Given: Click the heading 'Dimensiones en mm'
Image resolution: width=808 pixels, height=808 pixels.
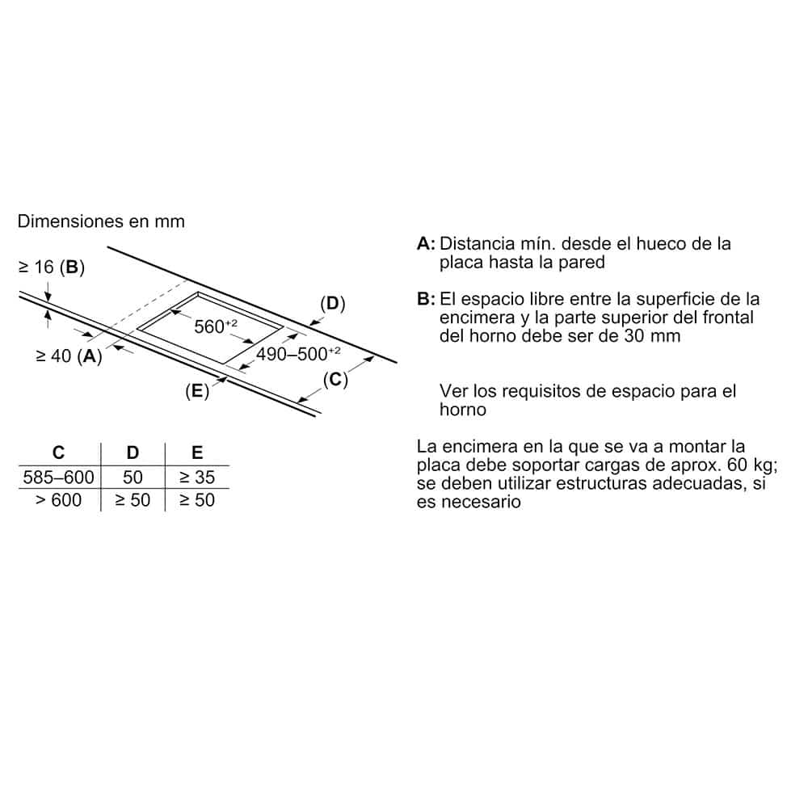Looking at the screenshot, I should click(101, 221).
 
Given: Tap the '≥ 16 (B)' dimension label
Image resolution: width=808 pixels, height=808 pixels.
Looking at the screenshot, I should click(51, 267).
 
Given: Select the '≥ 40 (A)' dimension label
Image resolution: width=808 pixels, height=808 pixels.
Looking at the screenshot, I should click(69, 356).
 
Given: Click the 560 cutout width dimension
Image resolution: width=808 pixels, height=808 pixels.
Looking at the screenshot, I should click(216, 326).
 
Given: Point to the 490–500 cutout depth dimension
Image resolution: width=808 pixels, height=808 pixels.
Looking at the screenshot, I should click(298, 353).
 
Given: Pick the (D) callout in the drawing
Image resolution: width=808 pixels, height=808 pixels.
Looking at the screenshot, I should click(332, 304).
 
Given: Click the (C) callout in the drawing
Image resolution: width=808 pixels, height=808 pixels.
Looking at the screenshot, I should click(335, 380).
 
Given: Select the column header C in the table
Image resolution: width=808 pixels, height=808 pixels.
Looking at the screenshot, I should click(58, 453).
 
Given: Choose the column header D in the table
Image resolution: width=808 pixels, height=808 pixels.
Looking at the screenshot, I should click(133, 453).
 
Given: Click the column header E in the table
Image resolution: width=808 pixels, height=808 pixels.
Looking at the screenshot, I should click(197, 453).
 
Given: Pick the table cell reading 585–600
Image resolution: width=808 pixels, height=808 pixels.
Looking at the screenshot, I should click(58, 478).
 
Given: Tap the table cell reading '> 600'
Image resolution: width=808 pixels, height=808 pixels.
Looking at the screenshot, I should click(58, 500).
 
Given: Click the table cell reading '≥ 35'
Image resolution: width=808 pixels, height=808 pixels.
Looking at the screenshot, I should click(197, 478).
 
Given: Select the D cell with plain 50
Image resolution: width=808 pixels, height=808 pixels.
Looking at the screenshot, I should click(133, 478).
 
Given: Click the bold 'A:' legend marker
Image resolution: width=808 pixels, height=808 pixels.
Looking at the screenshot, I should click(427, 244).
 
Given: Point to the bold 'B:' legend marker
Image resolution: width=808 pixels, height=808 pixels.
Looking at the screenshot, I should click(427, 300).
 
